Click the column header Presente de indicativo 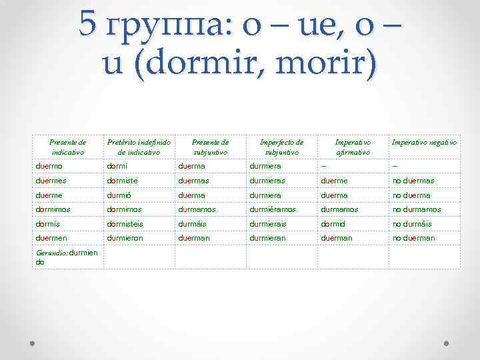[68, 147]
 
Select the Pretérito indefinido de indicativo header [139, 147]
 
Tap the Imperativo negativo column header [424, 142]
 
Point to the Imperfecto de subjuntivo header [281, 147]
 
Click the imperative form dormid [333, 223]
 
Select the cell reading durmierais [269, 223]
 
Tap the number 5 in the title [87, 25]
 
